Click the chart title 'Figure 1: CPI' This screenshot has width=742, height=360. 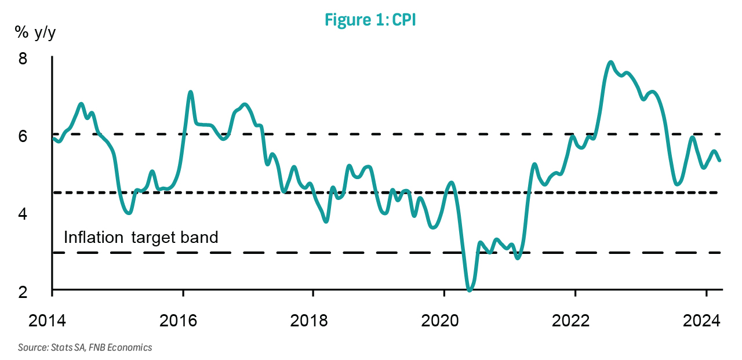370,20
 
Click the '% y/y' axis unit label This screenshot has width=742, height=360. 36,33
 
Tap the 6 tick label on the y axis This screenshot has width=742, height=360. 38,137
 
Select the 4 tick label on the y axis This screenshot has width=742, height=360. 38,214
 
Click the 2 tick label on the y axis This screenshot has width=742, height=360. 38,292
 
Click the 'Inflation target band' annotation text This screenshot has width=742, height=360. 141,237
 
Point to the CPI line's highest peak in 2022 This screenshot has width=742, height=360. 610,62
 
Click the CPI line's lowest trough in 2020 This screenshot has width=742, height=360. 470,289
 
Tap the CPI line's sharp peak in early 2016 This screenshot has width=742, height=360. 190,92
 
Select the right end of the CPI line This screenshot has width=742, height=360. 719,161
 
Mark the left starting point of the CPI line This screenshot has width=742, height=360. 53,137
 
